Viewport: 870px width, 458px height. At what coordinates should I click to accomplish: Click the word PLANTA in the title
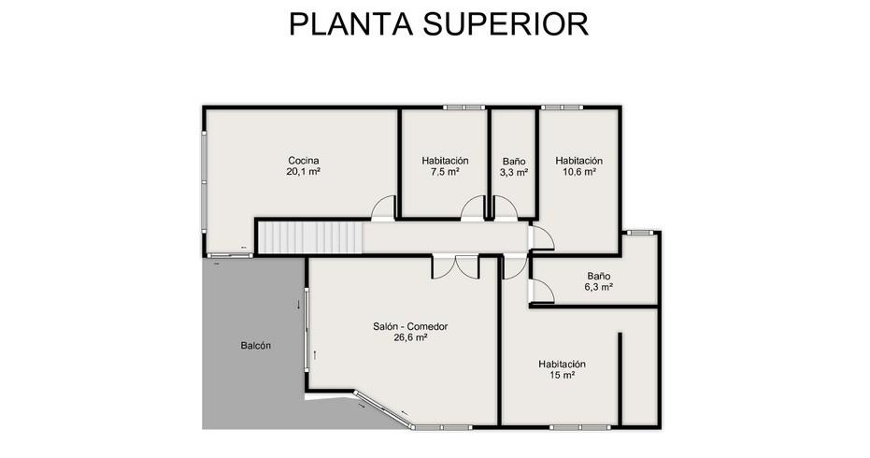pyautogui.click(x=350, y=24)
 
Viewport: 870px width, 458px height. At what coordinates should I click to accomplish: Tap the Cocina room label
pyautogui.click(x=304, y=161)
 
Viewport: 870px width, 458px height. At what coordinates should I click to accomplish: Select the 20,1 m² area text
pyautogui.click(x=304, y=172)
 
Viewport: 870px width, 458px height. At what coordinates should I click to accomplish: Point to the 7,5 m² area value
pyautogui.click(x=445, y=172)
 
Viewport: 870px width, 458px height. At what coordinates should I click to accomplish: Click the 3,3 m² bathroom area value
pyautogui.click(x=514, y=173)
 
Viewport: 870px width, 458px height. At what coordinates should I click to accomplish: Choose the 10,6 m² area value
pyautogui.click(x=579, y=172)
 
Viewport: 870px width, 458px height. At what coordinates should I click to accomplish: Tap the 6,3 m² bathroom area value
pyautogui.click(x=599, y=287)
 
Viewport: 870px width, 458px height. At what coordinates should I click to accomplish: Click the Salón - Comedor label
pyautogui.click(x=410, y=326)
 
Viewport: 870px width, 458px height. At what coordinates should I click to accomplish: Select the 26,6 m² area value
pyautogui.click(x=410, y=337)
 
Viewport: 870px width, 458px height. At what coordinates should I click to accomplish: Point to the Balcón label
pyautogui.click(x=256, y=345)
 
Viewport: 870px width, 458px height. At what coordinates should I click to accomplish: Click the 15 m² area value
pyautogui.click(x=562, y=376)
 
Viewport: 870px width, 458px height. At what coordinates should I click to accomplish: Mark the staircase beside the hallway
pyautogui.click(x=310, y=237)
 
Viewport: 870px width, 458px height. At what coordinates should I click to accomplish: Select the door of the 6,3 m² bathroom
pyautogui.click(x=542, y=291)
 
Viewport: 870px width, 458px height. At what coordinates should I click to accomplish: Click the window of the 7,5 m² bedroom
pyautogui.click(x=464, y=107)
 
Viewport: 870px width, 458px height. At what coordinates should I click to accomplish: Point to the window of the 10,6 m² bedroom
pyautogui.click(x=563, y=107)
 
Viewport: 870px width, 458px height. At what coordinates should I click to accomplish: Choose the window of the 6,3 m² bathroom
pyautogui.click(x=640, y=233)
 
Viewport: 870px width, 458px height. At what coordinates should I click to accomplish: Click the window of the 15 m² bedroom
pyautogui.click(x=579, y=427)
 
